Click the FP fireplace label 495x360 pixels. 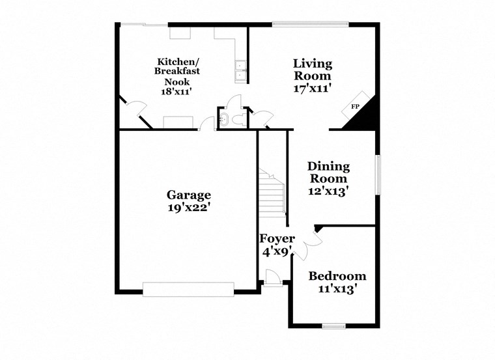click(x=356, y=106)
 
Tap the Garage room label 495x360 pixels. click(x=189, y=195)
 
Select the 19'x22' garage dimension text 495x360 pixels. click(x=189, y=208)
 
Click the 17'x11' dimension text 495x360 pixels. click(x=313, y=87)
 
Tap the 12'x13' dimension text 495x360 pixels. click(x=328, y=191)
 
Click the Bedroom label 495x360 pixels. click(x=337, y=276)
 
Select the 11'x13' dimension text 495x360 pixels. click(x=337, y=290)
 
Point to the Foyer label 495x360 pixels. click(x=277, y=238)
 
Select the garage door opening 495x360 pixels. click(x=188, y=289)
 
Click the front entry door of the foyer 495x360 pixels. click(x=273, y=279)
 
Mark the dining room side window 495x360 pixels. click(x=377, y=174)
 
